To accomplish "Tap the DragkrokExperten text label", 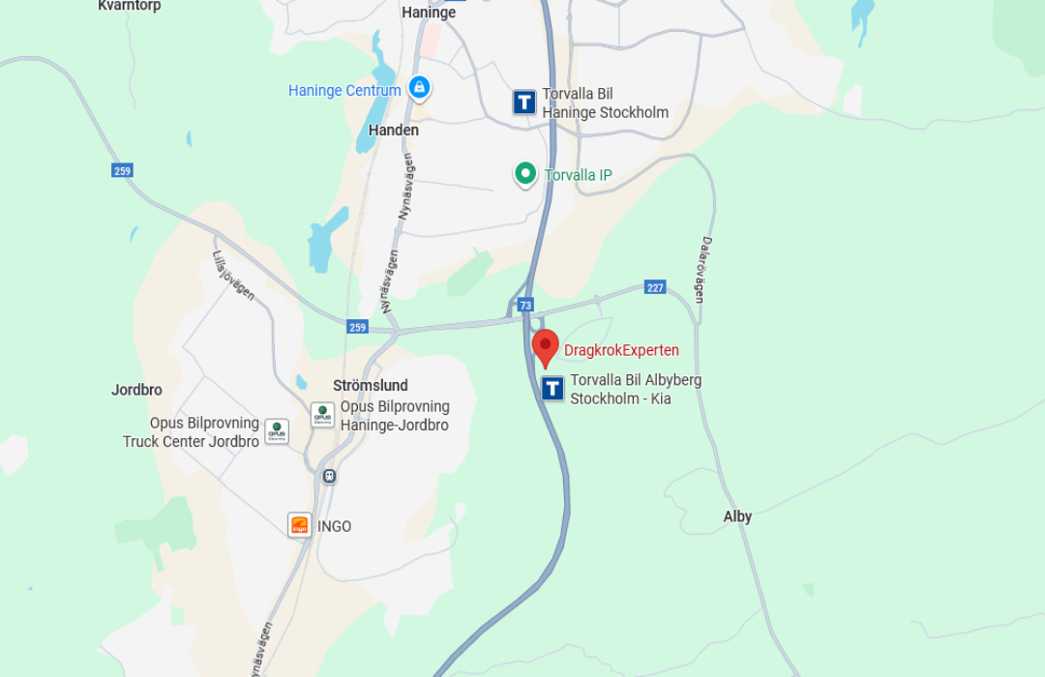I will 621,350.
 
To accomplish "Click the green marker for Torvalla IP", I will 525,174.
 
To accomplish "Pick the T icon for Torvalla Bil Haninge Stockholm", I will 524,103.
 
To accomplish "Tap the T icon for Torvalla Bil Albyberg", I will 552,389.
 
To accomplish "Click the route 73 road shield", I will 525,305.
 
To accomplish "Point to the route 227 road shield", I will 655,287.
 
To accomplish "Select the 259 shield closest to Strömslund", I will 358,328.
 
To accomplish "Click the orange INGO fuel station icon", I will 300,525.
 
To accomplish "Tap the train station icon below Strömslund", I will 330,476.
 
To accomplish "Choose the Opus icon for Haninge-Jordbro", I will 322,415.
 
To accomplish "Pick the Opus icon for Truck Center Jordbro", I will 277,431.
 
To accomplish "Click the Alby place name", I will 737,516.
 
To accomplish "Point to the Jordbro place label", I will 136,390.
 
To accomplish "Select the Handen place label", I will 394,130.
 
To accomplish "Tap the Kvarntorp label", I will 130,6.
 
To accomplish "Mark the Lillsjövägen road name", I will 233,276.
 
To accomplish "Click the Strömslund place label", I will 371,385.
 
